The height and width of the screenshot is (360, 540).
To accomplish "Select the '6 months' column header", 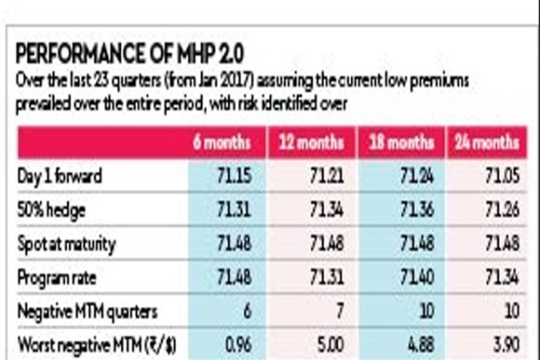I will coord(224,142).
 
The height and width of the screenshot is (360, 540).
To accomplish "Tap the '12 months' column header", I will coord(311,142).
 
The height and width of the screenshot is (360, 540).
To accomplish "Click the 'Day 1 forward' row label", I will coord(60,176).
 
